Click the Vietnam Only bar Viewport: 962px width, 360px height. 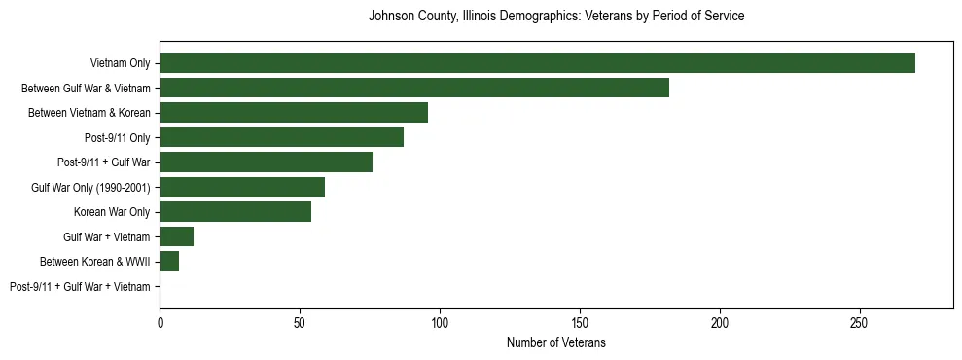click(537, 63)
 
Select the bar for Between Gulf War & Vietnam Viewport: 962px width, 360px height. click(414, 88)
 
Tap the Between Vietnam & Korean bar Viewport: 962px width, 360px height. click(294, 113)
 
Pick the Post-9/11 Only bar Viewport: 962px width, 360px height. click(281, 137)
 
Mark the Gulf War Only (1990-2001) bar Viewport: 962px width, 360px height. click(242, 187)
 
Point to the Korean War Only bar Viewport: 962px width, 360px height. click(235, 212)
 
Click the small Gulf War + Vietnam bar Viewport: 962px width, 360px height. click(176, 236)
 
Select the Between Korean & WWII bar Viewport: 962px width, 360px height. click(169, 262)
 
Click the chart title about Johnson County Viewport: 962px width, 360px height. click(556, 17)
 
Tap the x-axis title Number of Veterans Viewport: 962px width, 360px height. click(556, 343)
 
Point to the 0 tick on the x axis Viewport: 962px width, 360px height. click(160, 321)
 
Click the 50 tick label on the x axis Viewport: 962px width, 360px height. click(300, 321)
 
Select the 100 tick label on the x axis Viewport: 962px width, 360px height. click(440, 321)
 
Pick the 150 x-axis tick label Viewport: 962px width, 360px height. click(580, 321)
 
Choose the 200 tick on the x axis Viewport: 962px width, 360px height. click(720, 321)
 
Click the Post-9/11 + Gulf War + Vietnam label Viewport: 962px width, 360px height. click(80, 287)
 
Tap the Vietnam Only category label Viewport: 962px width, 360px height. click(120, 63)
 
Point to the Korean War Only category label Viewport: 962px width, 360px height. click(112, 212)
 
